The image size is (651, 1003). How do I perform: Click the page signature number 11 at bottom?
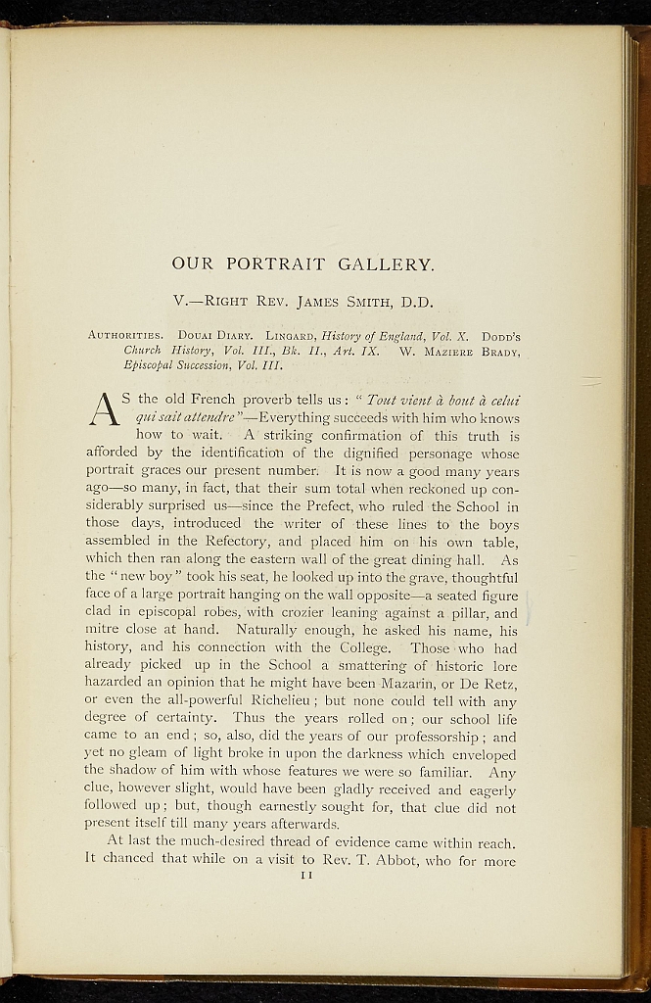coord(305,875)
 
